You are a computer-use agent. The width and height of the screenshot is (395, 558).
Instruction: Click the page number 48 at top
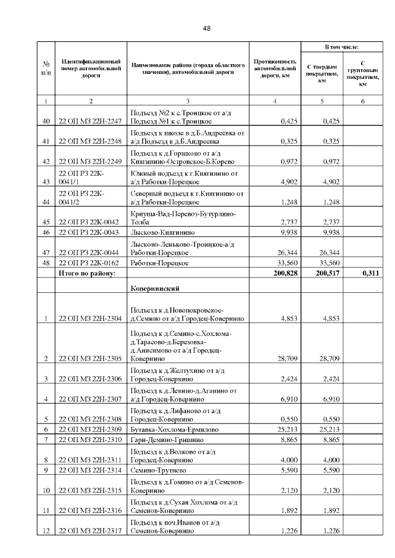pyautogui.click(x=207, y=28)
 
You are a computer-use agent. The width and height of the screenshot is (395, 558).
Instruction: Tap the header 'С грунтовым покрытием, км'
pyautogui.click(x=362, y=73)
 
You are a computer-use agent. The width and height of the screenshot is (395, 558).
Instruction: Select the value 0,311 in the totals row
pyautogui.click(x=367, y=273)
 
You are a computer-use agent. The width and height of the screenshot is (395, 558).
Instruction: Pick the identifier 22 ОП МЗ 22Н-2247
pyautogui.click(x=90, y=121)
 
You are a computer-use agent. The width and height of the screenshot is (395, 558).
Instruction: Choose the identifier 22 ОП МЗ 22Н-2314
pyautogui.click(x=90, y=470)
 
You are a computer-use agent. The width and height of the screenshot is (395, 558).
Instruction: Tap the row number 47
pyautogui.click(x=46, y=252)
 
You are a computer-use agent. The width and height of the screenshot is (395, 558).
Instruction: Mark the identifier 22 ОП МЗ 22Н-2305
pyautogui.click(x=90, y=358)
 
